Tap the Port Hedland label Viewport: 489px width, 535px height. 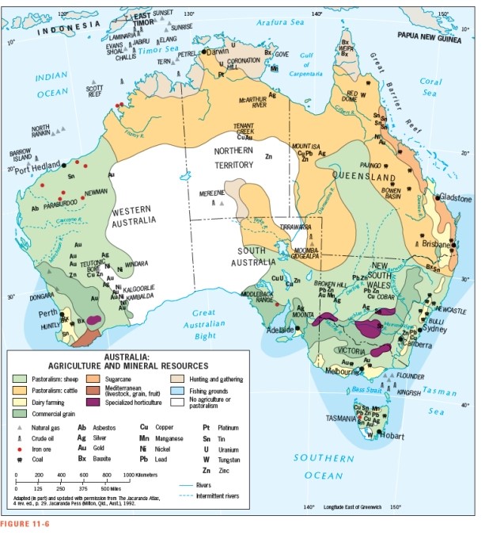[x=37, y=166]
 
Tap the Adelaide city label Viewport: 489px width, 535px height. [x=281, y=330]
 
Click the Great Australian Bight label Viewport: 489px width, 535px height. [x=203, y=323]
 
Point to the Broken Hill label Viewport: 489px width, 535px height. [x=330, y=283]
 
